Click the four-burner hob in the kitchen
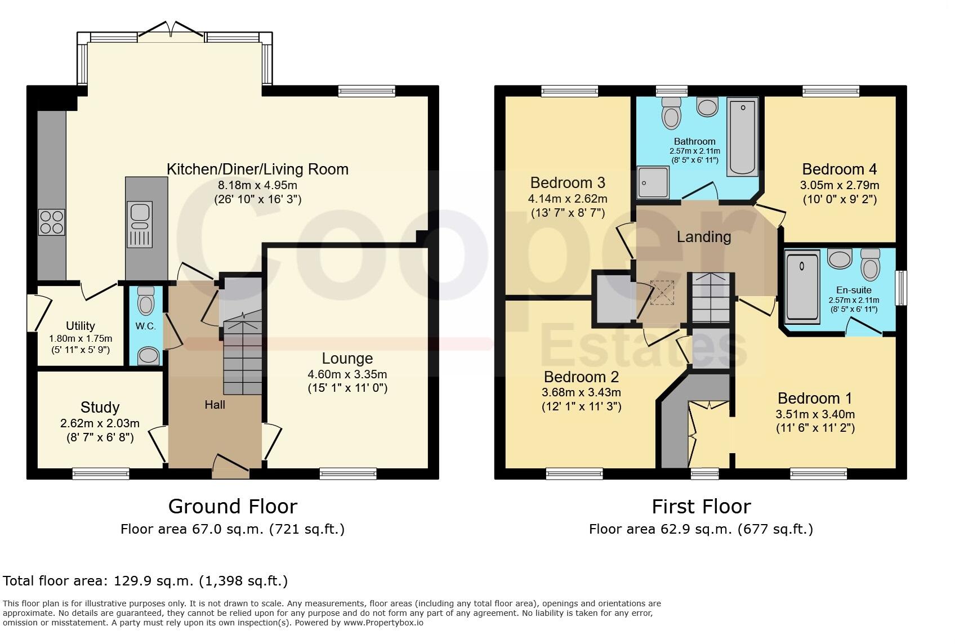(52, 222)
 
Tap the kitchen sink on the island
(140, 224)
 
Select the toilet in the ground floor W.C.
(146, 300)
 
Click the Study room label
(100, 407)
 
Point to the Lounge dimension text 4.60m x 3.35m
(347, 374)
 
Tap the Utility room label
(80, 325)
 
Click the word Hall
(215, 405)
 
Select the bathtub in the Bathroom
(742, 136)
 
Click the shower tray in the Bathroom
(653, 182)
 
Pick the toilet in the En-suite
(870, 264)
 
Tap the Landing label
(704, 236)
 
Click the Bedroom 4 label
(840, 169)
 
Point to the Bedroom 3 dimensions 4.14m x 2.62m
(568, 199)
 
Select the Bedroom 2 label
(581, 377)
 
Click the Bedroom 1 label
(815, 398)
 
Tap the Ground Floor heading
(233, 507)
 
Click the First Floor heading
(702, 507)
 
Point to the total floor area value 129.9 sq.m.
(154, 581)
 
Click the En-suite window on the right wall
(901, 288)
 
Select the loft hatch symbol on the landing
(662, 293)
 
